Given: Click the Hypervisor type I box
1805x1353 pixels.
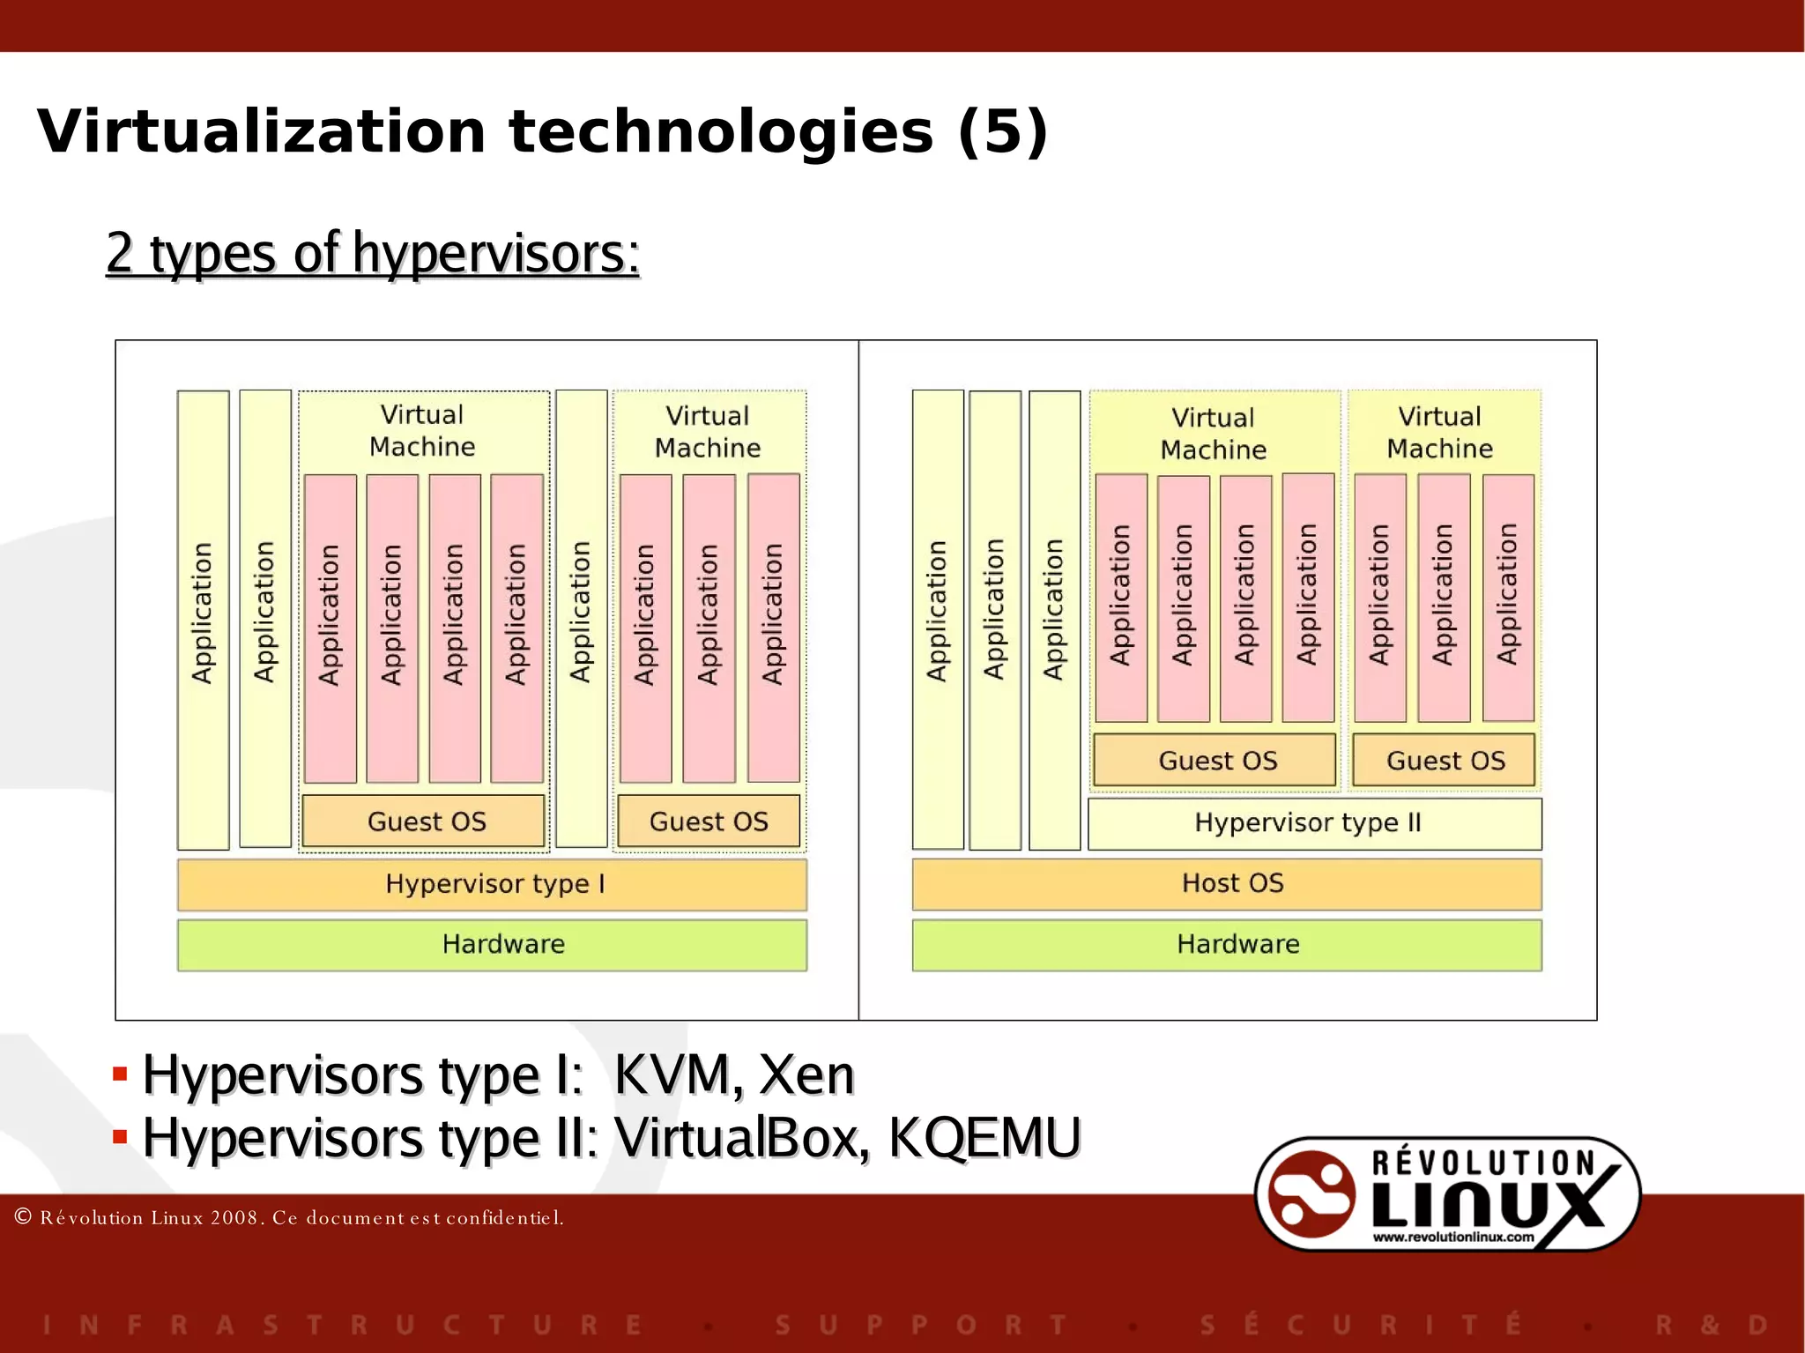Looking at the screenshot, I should [x=492, y=884].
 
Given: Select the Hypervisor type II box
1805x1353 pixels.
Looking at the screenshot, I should [x=1314, y=823].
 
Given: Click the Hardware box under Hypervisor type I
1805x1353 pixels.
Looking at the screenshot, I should [x=492, y=945].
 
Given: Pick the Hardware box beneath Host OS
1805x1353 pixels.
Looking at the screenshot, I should [x=1227, y=945].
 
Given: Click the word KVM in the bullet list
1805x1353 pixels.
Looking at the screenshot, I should [x=672, y=1075].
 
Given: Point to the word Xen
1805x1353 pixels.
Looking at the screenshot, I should [x=806, y=1075].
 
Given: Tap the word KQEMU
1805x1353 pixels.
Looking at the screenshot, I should [x=984, y=1138].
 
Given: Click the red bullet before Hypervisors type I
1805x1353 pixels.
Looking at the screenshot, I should [x=121, y=1074].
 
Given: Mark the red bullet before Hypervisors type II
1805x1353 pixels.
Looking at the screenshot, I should [x=121, y=1137].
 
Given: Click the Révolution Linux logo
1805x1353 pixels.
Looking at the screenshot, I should [x=1447, y=1194].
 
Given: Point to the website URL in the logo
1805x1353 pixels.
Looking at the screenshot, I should [x=1452, y=1238].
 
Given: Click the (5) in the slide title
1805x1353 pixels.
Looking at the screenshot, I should [x=1003, y=132].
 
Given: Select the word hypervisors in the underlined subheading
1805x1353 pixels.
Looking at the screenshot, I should [x=496, y=254].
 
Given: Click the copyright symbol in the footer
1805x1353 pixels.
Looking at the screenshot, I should [x=24, y=1217].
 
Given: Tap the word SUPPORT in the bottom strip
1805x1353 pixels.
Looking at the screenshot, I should [x=921, y=1325].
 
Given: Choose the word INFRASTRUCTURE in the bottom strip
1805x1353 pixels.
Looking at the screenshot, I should [x=342, y=1325].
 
